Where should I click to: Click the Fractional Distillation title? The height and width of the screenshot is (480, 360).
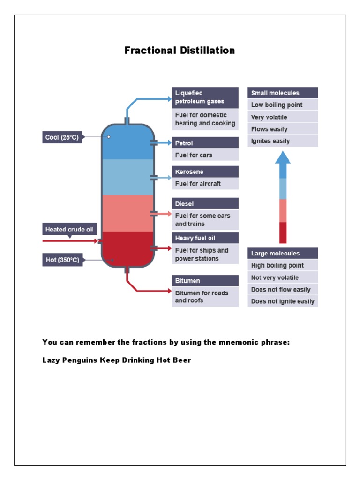pos(180,51)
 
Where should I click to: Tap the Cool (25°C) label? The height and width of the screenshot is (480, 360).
pos(62,137)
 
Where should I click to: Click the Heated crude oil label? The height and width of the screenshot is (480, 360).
pos(70,229)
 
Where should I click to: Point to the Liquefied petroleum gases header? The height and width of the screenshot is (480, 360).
pos(205,97)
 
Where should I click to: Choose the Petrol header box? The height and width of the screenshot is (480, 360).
pos(205,143)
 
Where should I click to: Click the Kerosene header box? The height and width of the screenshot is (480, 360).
pos(205,172)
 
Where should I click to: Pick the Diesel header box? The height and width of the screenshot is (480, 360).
pos(205,203)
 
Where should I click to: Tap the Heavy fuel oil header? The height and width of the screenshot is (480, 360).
pos(205,238)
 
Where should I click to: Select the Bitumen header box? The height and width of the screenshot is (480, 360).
pos(205,281)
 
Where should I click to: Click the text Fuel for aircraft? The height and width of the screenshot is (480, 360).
pos(198,184)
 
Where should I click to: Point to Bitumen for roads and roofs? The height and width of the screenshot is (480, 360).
pos(202,297)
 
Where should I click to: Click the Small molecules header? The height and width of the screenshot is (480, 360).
pos(283,93)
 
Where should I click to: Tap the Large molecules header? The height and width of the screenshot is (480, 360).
pos(283,254)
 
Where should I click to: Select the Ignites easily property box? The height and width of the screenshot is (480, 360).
pos(283,141)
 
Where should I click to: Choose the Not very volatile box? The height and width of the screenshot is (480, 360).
pos(283,277)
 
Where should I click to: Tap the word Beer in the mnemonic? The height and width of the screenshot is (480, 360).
pos(181,360)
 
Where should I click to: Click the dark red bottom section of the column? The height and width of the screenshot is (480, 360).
pos(127,248)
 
